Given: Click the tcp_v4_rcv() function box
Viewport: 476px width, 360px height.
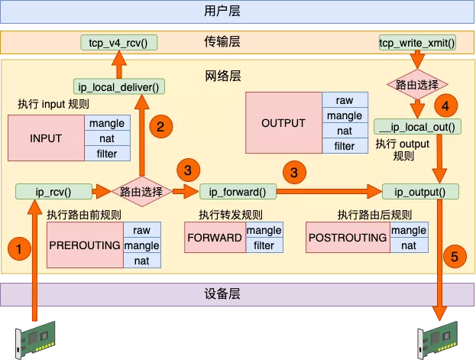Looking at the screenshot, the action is point(118,43).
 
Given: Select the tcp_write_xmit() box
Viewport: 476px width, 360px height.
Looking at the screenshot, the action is point(417,43).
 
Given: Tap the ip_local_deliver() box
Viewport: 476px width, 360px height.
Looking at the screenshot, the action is point(119,87).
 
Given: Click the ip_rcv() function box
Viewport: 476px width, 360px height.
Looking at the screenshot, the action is point(53,192).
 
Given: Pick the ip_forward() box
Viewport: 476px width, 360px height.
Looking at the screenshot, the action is point(238,192).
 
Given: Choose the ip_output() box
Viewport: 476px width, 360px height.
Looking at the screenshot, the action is point(420,192).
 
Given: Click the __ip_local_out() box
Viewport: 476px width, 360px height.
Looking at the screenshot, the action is point(417,127).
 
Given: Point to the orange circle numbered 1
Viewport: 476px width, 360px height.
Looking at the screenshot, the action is point(19,249).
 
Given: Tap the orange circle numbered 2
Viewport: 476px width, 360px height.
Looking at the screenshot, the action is point(161,127).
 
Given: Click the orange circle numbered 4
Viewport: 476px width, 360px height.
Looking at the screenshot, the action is point(445,105).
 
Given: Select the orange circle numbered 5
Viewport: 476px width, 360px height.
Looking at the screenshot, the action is point(455,256).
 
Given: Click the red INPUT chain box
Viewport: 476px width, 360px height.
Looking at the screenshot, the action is point(46,138).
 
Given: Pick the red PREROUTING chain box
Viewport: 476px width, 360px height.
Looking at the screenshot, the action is point(86,245).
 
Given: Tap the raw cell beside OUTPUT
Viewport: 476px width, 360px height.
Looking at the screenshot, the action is point(345,100).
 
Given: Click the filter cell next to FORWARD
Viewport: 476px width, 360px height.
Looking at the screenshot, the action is point(264,245).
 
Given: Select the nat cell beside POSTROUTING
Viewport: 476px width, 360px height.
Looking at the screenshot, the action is point(409,245).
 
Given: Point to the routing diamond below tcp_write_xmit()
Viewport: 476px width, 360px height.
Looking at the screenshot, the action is point(417,84).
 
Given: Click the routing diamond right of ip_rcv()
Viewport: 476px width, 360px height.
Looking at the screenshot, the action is point(142,192).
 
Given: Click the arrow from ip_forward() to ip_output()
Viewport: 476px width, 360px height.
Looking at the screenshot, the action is point(329,192).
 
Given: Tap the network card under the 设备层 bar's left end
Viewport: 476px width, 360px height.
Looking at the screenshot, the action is point(35,339).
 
